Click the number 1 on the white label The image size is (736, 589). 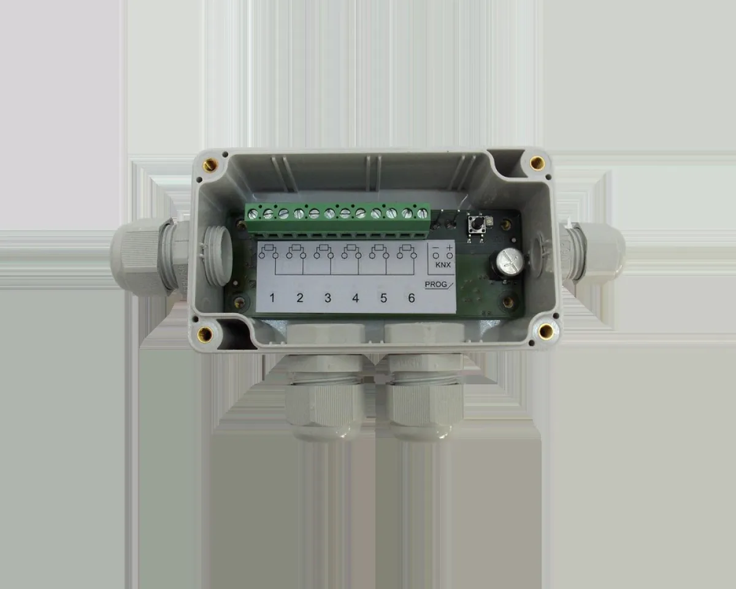click(272, 298)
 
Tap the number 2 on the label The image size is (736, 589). click(300, 298)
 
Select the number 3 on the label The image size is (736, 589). click(328, 298)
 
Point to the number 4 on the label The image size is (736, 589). click(356, 298)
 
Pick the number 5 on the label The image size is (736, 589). click(383, 298)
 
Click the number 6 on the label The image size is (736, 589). click(412, 298)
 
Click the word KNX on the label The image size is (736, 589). click(443, 264)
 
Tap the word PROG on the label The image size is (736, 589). click(435, 284)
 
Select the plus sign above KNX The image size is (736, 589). click(450, 247)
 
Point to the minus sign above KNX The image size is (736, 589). click(435, 247)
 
